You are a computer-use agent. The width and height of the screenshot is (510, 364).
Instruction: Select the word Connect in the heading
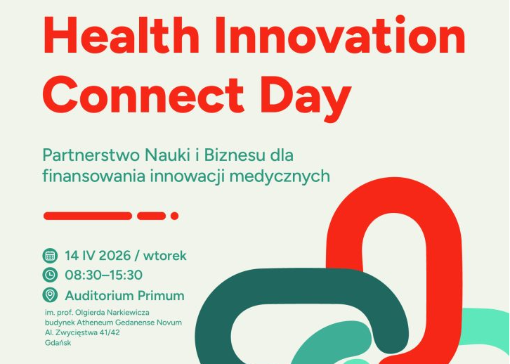143,94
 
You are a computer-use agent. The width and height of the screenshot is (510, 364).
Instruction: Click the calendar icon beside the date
50,255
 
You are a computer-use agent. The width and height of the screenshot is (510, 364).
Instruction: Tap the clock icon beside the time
50,275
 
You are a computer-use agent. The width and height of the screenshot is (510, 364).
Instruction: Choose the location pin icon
50,295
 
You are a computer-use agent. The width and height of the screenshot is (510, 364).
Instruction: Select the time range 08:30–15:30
103,275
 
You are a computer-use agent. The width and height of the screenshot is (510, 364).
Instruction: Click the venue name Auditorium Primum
124,295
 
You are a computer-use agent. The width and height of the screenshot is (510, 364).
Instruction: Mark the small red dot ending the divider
174,216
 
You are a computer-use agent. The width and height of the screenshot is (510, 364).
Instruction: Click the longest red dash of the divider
88,216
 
